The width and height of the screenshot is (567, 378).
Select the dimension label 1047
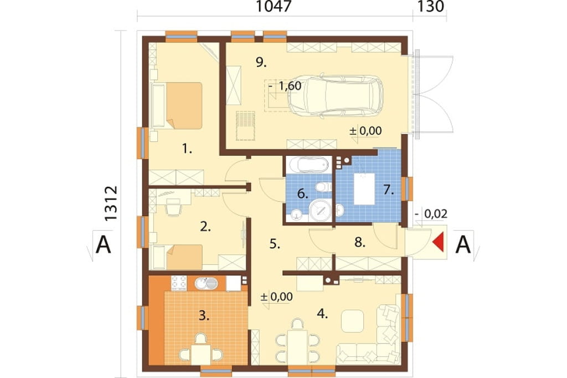tap(274, 7)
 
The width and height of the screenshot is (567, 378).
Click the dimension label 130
tap(430, 7)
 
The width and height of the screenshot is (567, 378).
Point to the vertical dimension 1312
tap(111, 203)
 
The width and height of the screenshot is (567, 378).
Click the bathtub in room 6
tap(308, 165)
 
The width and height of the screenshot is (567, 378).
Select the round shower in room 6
tap(320, 210)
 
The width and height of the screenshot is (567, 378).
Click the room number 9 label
tap(261, 63)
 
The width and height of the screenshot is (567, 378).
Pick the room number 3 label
tap(204, 316)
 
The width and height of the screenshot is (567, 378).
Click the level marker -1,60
tap(285, 86)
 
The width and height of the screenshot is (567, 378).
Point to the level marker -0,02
tap(431, 213)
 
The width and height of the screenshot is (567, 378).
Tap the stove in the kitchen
tap(179, 284)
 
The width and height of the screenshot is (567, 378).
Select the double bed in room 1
tap(177, 105)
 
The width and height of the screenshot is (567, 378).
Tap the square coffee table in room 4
tap(352, 321)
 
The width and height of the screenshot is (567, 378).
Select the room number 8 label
tap(359, 242)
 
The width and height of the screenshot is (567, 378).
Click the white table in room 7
tap(364, 189)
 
